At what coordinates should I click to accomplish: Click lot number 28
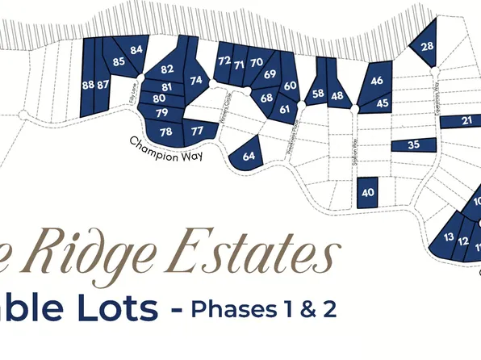coord(427,46)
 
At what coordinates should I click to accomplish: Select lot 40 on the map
coord(368,193)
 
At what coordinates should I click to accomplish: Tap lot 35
coord(413,145)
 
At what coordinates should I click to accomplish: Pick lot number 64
coord(249,155)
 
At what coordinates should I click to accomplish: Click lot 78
coord(166,132)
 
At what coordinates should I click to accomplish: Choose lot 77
coord(197,129)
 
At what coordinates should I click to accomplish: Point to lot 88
coord(87,84)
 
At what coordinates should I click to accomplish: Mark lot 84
coord(136,50)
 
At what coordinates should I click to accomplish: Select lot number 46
coord(377,81)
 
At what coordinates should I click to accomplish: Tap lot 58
coord(318,94)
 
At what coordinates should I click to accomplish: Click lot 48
coord(337,96)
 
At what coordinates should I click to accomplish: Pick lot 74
coord(196,80)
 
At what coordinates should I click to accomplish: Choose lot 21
coord(467,121)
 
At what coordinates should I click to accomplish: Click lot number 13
coord(449,237)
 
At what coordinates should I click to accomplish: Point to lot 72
coord(224,61)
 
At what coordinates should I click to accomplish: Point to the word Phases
coord(230,309)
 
